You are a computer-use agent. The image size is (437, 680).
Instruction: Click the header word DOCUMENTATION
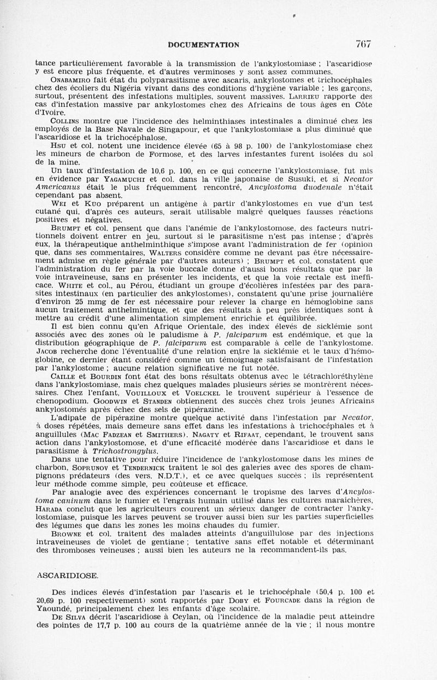203,45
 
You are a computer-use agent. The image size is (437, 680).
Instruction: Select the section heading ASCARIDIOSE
67,576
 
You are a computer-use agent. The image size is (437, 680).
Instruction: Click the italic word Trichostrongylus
121,452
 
